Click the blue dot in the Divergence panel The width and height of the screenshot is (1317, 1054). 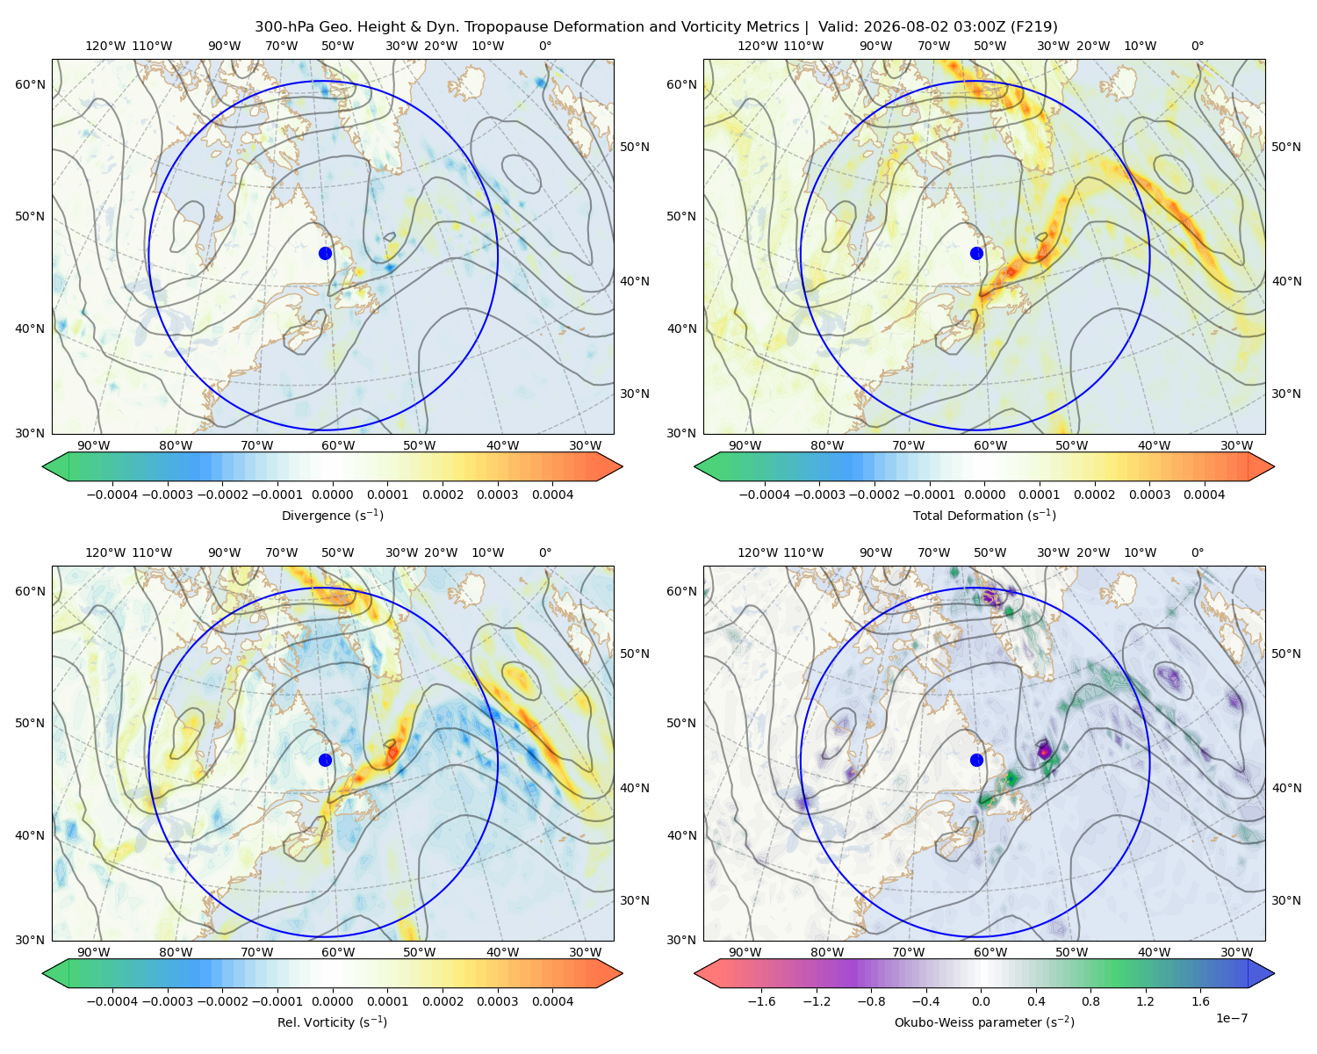point(325,254)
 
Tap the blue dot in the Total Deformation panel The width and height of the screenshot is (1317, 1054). point(976,254)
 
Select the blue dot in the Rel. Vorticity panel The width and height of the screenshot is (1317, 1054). point(325,760)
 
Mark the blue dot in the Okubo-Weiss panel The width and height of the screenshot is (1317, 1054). point(976,760)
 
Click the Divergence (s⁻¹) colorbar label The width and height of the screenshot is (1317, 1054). point(332,516)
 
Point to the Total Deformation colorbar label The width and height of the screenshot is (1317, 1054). point(984,516)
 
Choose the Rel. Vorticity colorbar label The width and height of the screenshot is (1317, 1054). point(332,1022)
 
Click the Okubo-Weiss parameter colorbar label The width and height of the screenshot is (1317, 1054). point(984,1022)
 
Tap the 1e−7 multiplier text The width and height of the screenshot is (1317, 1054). point(1231,1018)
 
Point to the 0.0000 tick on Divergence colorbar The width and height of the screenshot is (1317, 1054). point(332,495)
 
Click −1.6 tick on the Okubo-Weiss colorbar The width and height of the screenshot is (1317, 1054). point(761,1001)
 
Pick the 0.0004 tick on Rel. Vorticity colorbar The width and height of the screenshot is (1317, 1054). point(552,1001)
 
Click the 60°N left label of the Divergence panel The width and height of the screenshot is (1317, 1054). point(30,84)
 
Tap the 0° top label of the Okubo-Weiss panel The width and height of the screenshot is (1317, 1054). point(1197,552)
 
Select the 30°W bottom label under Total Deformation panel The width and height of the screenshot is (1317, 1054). point(1236,446)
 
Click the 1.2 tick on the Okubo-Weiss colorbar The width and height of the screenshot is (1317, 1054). point(1145,1001)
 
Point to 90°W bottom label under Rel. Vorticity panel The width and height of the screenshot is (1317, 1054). point(94,952)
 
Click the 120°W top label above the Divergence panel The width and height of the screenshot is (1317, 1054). point(105,46)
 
